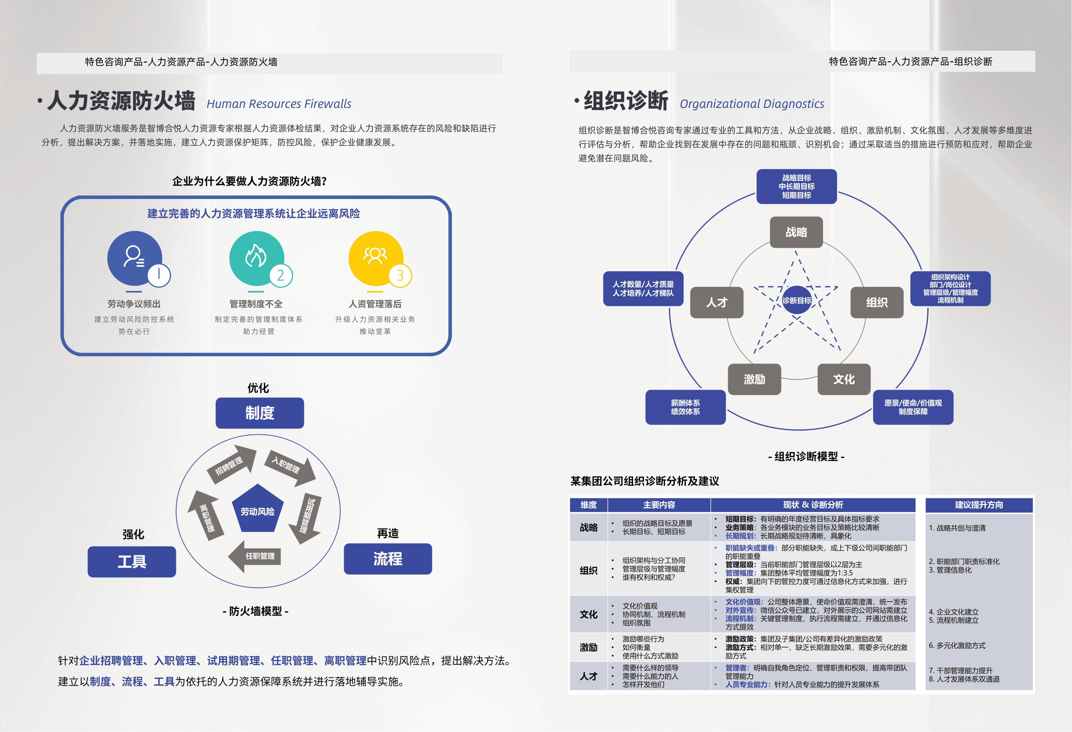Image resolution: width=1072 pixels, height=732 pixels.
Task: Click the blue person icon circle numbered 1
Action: [135, 258]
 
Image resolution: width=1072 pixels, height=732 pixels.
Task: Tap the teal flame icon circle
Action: [257, 258]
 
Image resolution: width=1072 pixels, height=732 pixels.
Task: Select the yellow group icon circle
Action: [376, 258]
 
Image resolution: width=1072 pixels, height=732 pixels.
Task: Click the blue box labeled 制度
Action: [260, 413]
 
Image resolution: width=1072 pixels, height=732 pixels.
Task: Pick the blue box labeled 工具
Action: [132, 561]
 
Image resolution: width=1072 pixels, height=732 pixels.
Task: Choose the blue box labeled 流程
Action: [388, 559]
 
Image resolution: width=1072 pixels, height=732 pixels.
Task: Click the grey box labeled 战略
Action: [797, 232]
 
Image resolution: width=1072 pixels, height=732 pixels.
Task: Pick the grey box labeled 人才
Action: [717, 302]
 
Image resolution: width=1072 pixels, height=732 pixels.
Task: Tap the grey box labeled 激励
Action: [754, 379]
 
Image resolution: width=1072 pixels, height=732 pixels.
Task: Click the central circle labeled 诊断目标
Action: [797, 300]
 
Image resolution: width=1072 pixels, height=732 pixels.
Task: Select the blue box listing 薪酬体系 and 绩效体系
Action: [685, 407]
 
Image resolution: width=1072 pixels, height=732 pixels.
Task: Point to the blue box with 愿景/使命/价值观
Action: [913, 407]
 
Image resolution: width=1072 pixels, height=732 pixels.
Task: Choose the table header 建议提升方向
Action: [979, 505]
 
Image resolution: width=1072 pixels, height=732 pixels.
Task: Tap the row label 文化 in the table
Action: [589, 614]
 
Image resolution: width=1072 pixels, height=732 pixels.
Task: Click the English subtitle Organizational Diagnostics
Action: [752, 104]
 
